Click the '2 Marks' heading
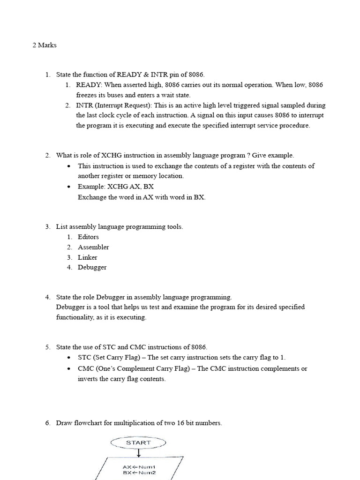coord(45,46)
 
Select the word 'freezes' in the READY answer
coord(87,95)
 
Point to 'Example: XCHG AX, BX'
coord(115,187)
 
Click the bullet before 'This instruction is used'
coord(69,166)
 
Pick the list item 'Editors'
coord(88,237)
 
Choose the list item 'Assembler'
coord(93,247)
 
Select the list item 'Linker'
coord(88,257)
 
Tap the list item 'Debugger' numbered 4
coord(92,268)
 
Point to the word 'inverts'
coord(89,379)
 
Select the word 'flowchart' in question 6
coord(89,423)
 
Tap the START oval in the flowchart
coord(138,442)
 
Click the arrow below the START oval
coord(138,453)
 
